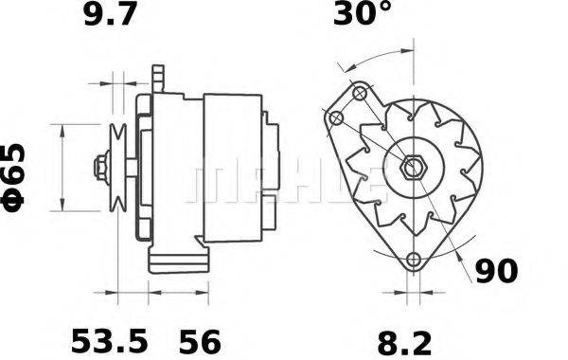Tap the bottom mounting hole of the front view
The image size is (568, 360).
click(412, 261)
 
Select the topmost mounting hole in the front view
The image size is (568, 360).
click(360, 94)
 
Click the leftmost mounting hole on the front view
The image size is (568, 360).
click(335, 117)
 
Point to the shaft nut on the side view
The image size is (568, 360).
click(98, 169)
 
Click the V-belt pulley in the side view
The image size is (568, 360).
click(118, 169)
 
